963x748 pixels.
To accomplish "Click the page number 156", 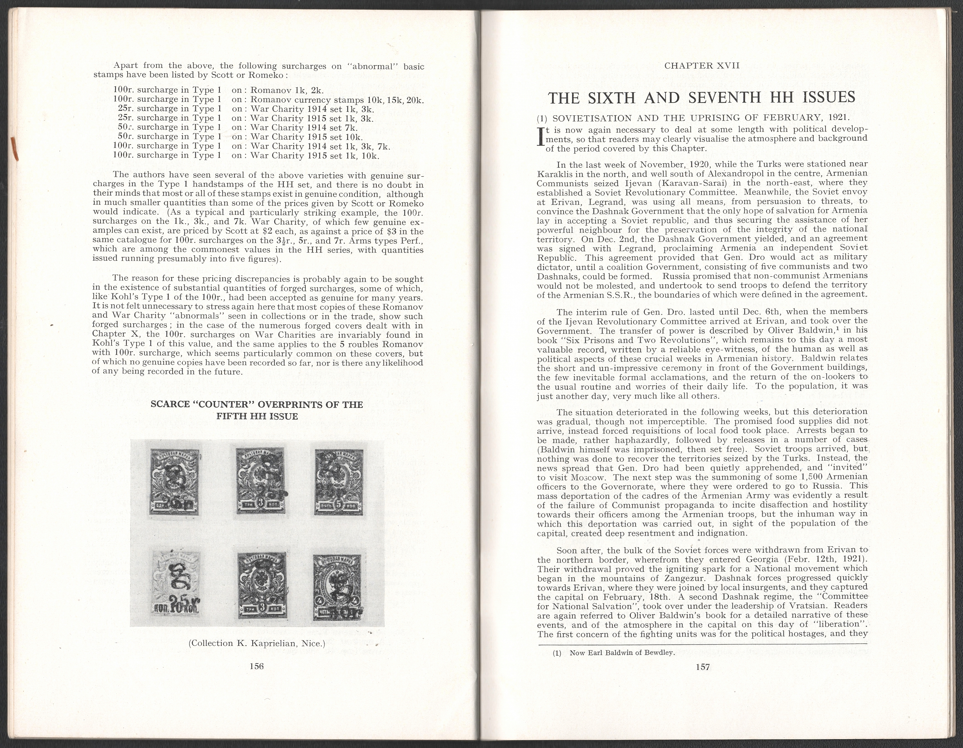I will coord(256,666).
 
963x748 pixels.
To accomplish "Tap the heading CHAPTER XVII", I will coord(701,66).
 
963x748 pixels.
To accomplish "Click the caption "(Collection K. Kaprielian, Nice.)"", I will coord(257,643).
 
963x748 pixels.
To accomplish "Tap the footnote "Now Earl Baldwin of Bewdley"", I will coord(622,653).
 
